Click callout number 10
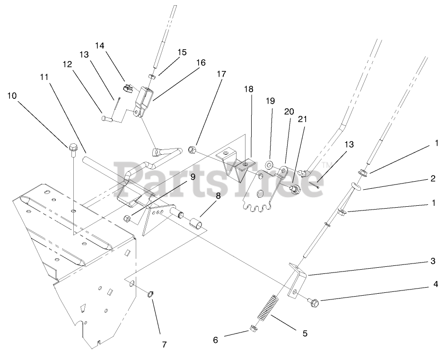click(12, 96)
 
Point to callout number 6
click(216, 340)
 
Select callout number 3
click(432, 262)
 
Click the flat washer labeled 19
click(269, 165)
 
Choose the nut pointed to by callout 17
click(192, 150)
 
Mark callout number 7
click(164, 344)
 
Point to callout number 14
click(100, 45)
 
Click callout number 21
click(302, 120)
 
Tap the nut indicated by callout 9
click(127, 218)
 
